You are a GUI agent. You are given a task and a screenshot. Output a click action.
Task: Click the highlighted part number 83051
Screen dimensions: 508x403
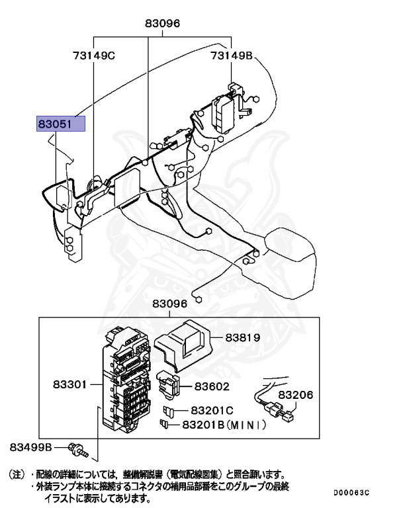[61, 124]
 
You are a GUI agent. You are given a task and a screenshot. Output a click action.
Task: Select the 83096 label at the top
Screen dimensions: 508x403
[162, 23]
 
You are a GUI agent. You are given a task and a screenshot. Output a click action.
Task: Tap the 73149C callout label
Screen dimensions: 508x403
[94, 56]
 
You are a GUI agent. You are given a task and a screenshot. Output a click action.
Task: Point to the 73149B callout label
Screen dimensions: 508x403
[232, 56]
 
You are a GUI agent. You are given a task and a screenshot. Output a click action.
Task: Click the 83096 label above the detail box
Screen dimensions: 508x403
[170, 304]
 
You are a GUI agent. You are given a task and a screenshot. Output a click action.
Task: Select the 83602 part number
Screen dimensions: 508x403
[212, 386]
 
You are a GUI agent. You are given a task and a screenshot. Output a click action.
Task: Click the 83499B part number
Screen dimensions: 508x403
[30, 448]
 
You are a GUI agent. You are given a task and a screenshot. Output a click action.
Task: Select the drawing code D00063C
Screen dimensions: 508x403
[351, 493]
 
